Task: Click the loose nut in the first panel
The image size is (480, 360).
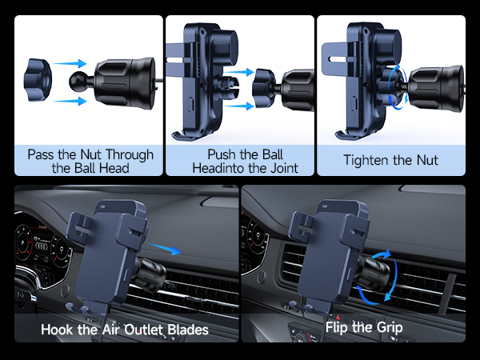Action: (38, 79)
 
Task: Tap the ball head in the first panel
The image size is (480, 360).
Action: (77, 81)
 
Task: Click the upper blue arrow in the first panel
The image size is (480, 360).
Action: (70, 63)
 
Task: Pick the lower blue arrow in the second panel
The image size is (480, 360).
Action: (238, 106)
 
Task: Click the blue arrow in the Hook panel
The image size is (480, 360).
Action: (165, 249)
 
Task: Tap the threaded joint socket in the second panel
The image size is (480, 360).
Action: (229, 87)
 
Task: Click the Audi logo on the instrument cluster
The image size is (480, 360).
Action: (42, 246)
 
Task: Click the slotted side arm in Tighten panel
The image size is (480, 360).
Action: (334, 59)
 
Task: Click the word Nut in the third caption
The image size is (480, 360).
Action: (427, 161)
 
